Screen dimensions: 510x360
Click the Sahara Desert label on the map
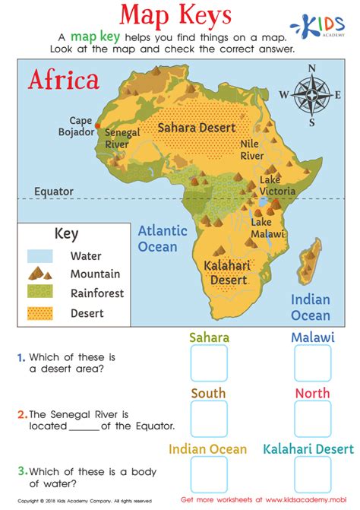point(196,128)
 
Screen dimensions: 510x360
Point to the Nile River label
point(251,149)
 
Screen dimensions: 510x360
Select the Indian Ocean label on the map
point(311,307)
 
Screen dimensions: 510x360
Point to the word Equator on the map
point(53,192)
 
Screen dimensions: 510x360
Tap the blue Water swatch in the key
point(40,256)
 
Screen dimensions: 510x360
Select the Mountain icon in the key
point(39,274)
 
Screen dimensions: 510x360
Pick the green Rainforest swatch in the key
point(40,293)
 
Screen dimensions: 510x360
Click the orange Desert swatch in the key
point(40,312)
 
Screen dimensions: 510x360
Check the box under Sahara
point(209,363)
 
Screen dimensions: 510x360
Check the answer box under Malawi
point(311,363)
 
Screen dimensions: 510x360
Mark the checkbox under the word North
point(311,419)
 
